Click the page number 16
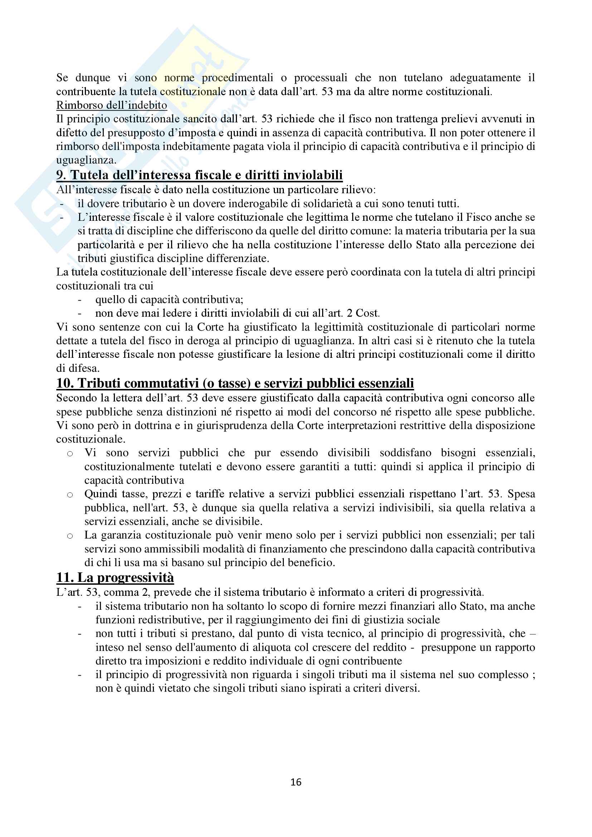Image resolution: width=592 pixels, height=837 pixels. pos(296,782)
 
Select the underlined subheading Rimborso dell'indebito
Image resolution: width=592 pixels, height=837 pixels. pos(112,105)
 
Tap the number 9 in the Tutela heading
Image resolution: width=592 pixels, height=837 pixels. pos(60,175)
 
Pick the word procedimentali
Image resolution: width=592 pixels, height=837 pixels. pos(237,78)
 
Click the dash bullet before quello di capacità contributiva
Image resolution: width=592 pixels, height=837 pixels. pos(80,300)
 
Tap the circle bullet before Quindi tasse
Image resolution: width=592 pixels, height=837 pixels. pos(70,495)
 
